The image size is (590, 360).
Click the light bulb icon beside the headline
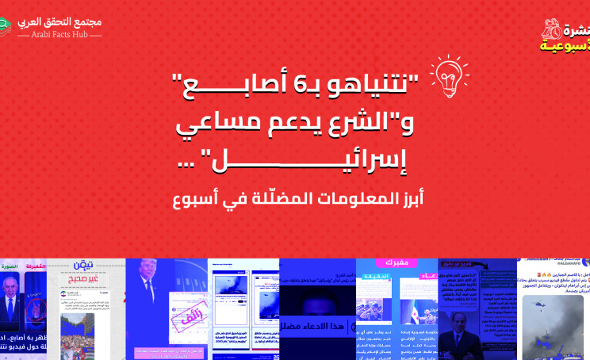(x=448, y=73)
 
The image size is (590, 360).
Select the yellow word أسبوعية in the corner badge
(x=565, y=45)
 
